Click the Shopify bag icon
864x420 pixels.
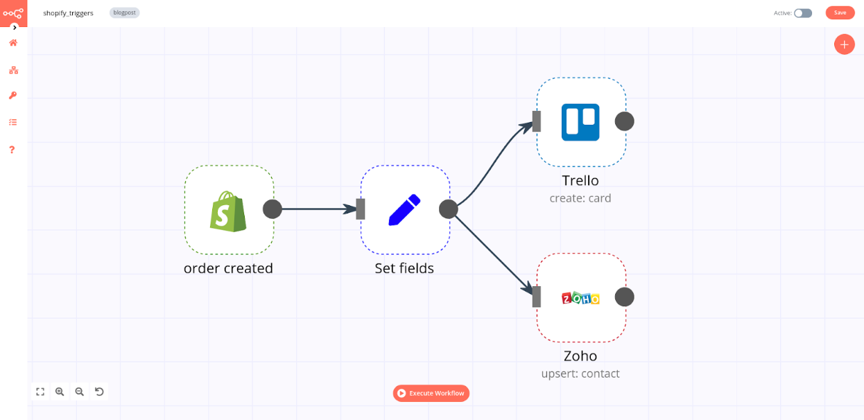click(229, 211)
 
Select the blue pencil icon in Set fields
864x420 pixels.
click(404, 209)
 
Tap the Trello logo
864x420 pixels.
click(580, 122)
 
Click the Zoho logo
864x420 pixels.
click(580, 298)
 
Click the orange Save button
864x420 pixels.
click(840, 12)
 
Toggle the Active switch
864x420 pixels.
click(803, 13)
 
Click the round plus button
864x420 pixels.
click(844, 44)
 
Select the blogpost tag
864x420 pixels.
click(125, 12)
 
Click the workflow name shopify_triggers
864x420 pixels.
click(68, 13)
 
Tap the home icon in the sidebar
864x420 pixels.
click(12, 43)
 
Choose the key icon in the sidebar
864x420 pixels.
click(12, 96)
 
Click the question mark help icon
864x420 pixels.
click(12, 150)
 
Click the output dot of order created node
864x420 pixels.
click(273, 209)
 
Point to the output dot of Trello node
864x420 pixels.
click(625, 121)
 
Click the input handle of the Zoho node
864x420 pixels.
click(536, 297)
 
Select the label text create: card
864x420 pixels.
click(580, 198)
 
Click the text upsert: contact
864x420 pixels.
click(580, 374)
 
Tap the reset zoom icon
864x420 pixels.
click(99, 392)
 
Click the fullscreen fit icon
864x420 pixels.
click(40, 392)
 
